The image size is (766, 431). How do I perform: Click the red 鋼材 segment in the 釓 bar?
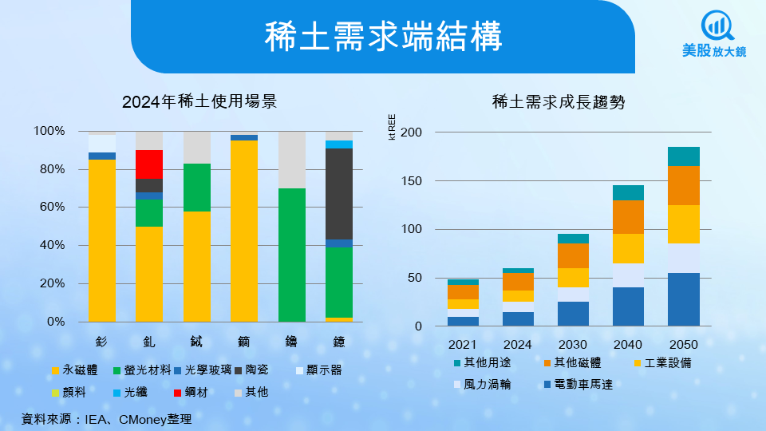[x=149, y=164]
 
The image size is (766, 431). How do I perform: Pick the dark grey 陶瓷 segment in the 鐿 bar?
[x=339, y=193]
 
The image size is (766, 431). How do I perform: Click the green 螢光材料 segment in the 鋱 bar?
[x=197, y=188]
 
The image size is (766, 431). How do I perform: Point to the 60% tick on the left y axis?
[x=49, y=208]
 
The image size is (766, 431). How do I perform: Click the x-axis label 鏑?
[x=244, y=342]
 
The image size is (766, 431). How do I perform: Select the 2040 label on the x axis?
[x=628, y=345]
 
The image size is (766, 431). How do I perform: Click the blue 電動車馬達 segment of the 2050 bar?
[x=683, y=299]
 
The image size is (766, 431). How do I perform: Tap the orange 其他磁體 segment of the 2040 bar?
[x=628, y=217]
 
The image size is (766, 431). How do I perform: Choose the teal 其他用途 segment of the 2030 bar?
[x=573, y=239]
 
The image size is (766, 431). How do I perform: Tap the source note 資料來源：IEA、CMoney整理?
[x=107, y=418]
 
